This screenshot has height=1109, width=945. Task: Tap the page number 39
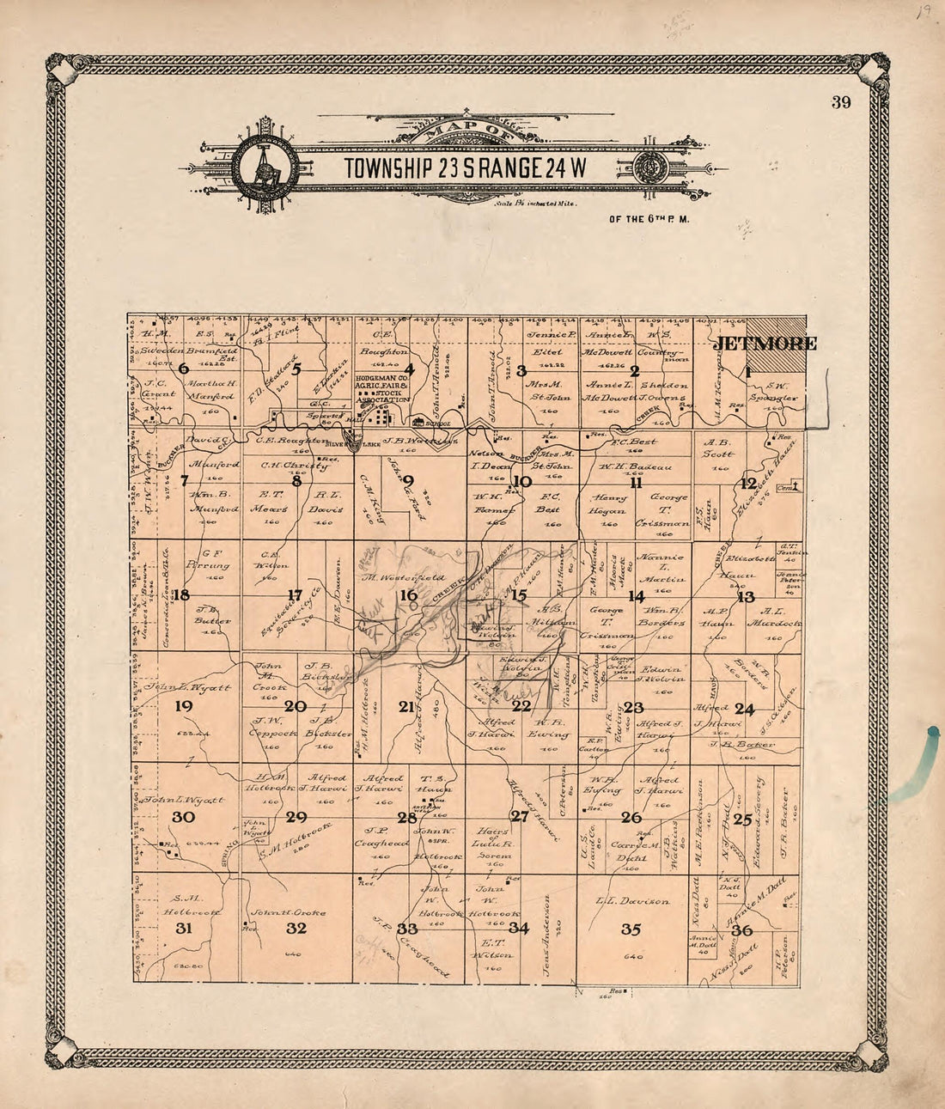(x=840, y=104)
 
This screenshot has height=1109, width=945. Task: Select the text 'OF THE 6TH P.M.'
(x=649, y=219)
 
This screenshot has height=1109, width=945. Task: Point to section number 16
(x=408, y=595)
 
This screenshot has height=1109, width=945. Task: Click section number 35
(x=631, y=929)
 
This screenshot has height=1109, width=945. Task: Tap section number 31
(x=184, y=928)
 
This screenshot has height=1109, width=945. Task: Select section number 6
(x=184, y=369)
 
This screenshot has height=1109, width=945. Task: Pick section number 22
(x=521, y=707)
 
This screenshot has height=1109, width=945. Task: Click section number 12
(x=749, y=483)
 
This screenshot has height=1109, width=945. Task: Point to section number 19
(x=184, y=706)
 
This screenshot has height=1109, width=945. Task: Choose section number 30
(x=184, y=817)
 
